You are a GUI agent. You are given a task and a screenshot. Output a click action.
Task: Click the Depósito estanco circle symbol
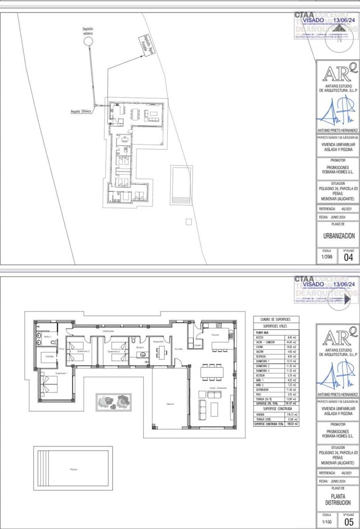[88, 41]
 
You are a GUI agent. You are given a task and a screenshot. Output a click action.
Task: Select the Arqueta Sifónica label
[81, 112]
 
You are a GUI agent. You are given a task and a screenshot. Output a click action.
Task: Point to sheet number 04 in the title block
[348, 258]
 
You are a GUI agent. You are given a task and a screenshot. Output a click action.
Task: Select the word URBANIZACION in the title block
[338, 236]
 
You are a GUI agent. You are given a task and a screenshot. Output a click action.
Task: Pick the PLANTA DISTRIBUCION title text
[338, 499]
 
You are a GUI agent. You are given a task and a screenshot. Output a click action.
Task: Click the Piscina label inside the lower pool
[74, 469]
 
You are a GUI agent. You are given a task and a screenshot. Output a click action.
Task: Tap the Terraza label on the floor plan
[170, 404]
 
